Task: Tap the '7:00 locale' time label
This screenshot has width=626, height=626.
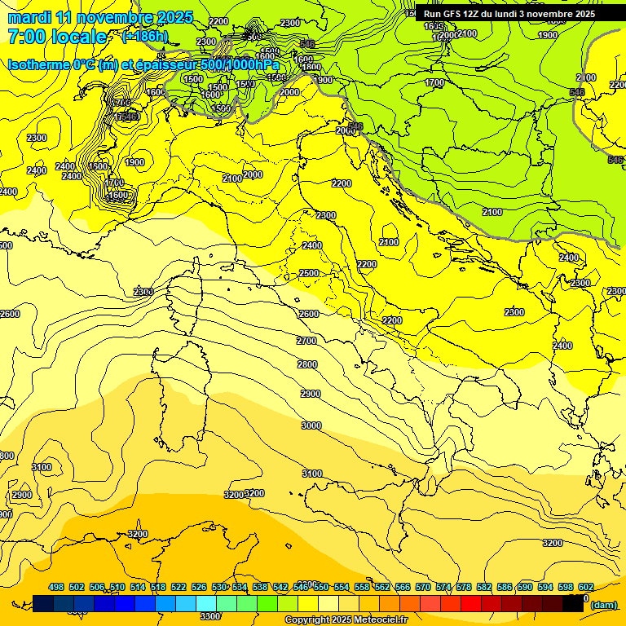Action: pos(57,37)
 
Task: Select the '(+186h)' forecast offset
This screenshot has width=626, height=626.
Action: pos(144,37)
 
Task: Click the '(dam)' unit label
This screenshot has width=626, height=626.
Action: pos(603,605)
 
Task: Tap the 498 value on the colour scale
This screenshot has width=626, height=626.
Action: pos(56,587)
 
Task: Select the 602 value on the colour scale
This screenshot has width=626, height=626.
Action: pos(585,587)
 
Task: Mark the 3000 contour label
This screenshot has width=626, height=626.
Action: pos(311,425)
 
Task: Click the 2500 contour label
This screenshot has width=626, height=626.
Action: pos(309,273)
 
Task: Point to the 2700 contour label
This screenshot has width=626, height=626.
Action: pos(306,341)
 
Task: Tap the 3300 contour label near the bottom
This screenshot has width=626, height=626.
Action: pos(210,616)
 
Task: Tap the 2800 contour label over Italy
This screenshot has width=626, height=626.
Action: pos(307,364)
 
